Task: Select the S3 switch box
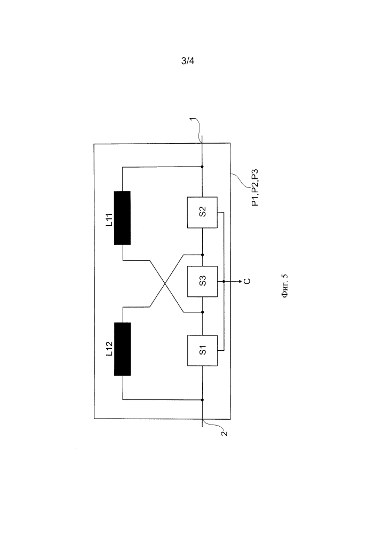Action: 202,281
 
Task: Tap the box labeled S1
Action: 202,350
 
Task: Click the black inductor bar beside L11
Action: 123,218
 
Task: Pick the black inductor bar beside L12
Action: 123,349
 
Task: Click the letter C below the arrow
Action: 246,281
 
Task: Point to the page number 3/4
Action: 188,60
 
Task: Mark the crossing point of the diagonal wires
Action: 164,281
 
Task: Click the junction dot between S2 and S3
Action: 202,254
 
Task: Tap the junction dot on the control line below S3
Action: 224,281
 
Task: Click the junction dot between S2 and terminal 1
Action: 202,167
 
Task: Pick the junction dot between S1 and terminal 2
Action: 202,399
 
